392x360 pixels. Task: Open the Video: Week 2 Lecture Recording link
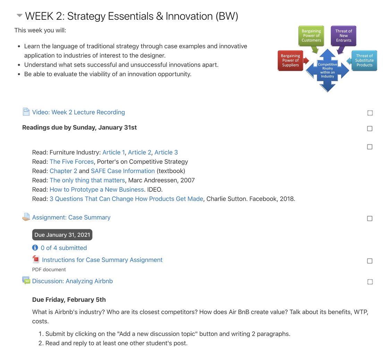[x=78, y=112]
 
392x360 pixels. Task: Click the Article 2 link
[x=139, y=152]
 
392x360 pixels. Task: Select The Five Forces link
[x=71, y=162]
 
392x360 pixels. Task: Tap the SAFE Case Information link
[x=123, y=171]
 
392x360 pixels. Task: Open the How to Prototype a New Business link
[x=97, y=189]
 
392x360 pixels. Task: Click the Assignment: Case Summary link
[x=71, y=217]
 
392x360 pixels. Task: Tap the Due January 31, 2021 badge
[x=62, y=235]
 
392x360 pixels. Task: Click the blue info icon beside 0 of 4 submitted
[x=35, y=248]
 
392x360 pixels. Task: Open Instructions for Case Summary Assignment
[x=102, y=260]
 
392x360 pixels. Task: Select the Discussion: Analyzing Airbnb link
[x=73, y=281]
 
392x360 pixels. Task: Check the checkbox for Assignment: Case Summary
[x=370, y=218]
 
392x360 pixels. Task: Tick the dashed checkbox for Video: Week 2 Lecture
[x=370, y=113]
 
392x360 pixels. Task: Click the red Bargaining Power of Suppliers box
[x=290, y=60]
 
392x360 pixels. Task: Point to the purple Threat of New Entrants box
[x=343, y=36]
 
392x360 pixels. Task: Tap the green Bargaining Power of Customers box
[x=311, y=36]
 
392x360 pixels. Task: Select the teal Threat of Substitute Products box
[x=364, y=60]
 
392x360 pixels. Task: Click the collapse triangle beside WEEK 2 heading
[x=19, y=16]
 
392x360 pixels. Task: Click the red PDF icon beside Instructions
[x=36, y=259]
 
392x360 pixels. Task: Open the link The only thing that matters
[x=87, y=180]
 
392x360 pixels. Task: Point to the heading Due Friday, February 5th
[x=69, y=300]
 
